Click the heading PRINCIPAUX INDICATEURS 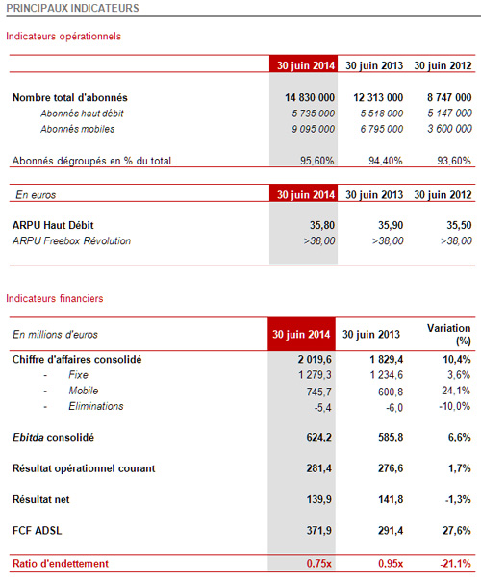point(73,8)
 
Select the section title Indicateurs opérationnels point(63,37)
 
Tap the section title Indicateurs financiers point(55,298)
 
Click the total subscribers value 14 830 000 point(310,97)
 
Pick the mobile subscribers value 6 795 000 point(382,129)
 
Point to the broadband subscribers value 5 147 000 point(449,113)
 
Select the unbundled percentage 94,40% point(386,161)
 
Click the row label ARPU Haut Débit point(53,225)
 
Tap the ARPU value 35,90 point(391,225)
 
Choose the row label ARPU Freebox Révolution point(71,240)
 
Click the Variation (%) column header point(448,334)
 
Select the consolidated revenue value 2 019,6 point(315,359)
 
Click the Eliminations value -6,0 point(394,407)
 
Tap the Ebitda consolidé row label point(53,438)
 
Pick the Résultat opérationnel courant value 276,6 point(391,468)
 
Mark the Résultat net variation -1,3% point(458,499)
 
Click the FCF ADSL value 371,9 point(319,531)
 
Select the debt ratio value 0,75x point(319,564)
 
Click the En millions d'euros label point(55,334)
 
